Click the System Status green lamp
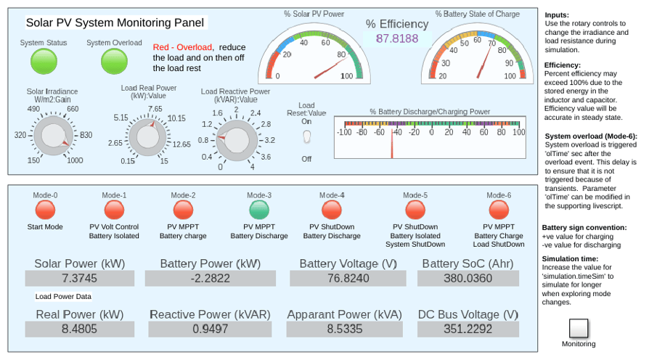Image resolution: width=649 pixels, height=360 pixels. click(44, 61)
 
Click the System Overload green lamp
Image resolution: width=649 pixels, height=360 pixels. click(114, 61)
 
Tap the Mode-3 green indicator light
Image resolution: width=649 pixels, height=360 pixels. click(259, 210)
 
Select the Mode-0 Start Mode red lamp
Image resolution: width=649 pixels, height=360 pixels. click(45, 210)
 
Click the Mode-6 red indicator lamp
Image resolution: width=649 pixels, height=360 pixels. click(499, 210)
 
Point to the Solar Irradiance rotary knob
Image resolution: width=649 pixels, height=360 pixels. click(54, 135)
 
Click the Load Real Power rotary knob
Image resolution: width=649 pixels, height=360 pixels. click(148, 137)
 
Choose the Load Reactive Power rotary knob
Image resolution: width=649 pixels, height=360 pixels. click(237, 140)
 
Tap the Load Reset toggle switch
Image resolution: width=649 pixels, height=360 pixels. click(306, 136)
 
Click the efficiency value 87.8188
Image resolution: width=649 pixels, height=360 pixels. click(397, 38)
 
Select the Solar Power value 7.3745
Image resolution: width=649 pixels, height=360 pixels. click(79, 279)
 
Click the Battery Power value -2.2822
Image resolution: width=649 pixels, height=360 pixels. click(211, 279)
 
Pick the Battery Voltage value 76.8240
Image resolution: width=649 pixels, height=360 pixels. click(348, 279)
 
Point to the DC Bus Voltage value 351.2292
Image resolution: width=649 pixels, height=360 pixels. click(468, 329)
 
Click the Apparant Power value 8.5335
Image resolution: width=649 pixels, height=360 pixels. click(344, 329)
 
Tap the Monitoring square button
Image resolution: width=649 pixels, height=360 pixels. click(579, 329)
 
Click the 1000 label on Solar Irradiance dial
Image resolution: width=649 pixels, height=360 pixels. click(75, 160)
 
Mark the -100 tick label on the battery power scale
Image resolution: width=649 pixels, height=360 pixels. click(344, 132)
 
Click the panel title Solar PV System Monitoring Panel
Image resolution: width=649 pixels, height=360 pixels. click(115, 22)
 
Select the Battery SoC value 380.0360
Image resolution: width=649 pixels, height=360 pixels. click(468, 279)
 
